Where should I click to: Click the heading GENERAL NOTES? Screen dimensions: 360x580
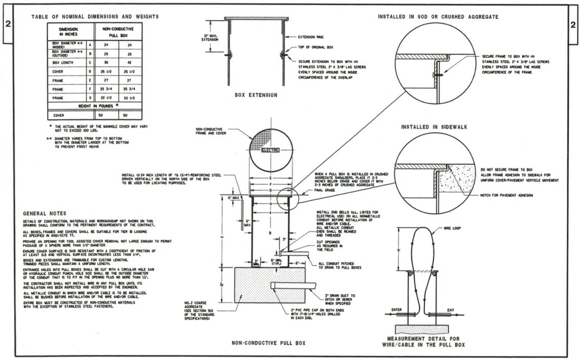[45, 213]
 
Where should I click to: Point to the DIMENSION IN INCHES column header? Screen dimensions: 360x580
[66, 30]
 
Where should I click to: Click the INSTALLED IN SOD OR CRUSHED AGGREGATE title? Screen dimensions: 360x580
[438, 17]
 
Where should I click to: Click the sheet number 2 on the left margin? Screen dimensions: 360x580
[7, 25]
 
